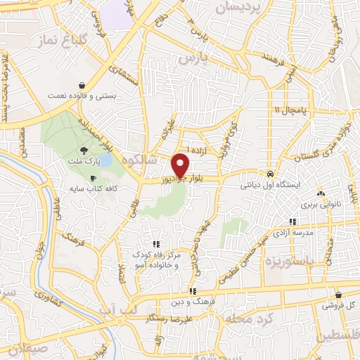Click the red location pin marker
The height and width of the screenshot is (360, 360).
click(181, 164)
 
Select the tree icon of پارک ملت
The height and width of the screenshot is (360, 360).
click(85, 150)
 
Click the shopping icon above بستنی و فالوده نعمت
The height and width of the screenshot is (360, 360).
click(82, 84)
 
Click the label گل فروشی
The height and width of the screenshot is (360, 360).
click(339, 307)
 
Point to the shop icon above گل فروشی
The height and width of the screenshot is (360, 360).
click(339, 295)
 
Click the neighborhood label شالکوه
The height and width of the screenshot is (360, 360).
click(131, 160)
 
